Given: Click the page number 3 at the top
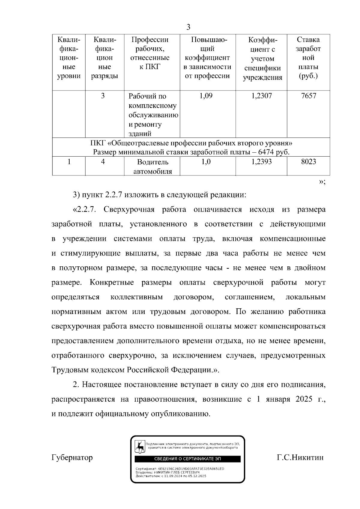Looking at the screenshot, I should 188,27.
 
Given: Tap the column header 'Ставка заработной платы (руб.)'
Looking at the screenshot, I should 308,58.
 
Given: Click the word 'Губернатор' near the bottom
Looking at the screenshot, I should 72,457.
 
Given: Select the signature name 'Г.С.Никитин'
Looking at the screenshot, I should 300,457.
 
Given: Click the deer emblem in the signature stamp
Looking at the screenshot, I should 140,447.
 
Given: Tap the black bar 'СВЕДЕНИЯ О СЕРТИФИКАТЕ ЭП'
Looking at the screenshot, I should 187,459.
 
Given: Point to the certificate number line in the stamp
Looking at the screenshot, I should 180,469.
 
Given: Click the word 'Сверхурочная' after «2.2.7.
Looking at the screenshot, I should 129,209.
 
